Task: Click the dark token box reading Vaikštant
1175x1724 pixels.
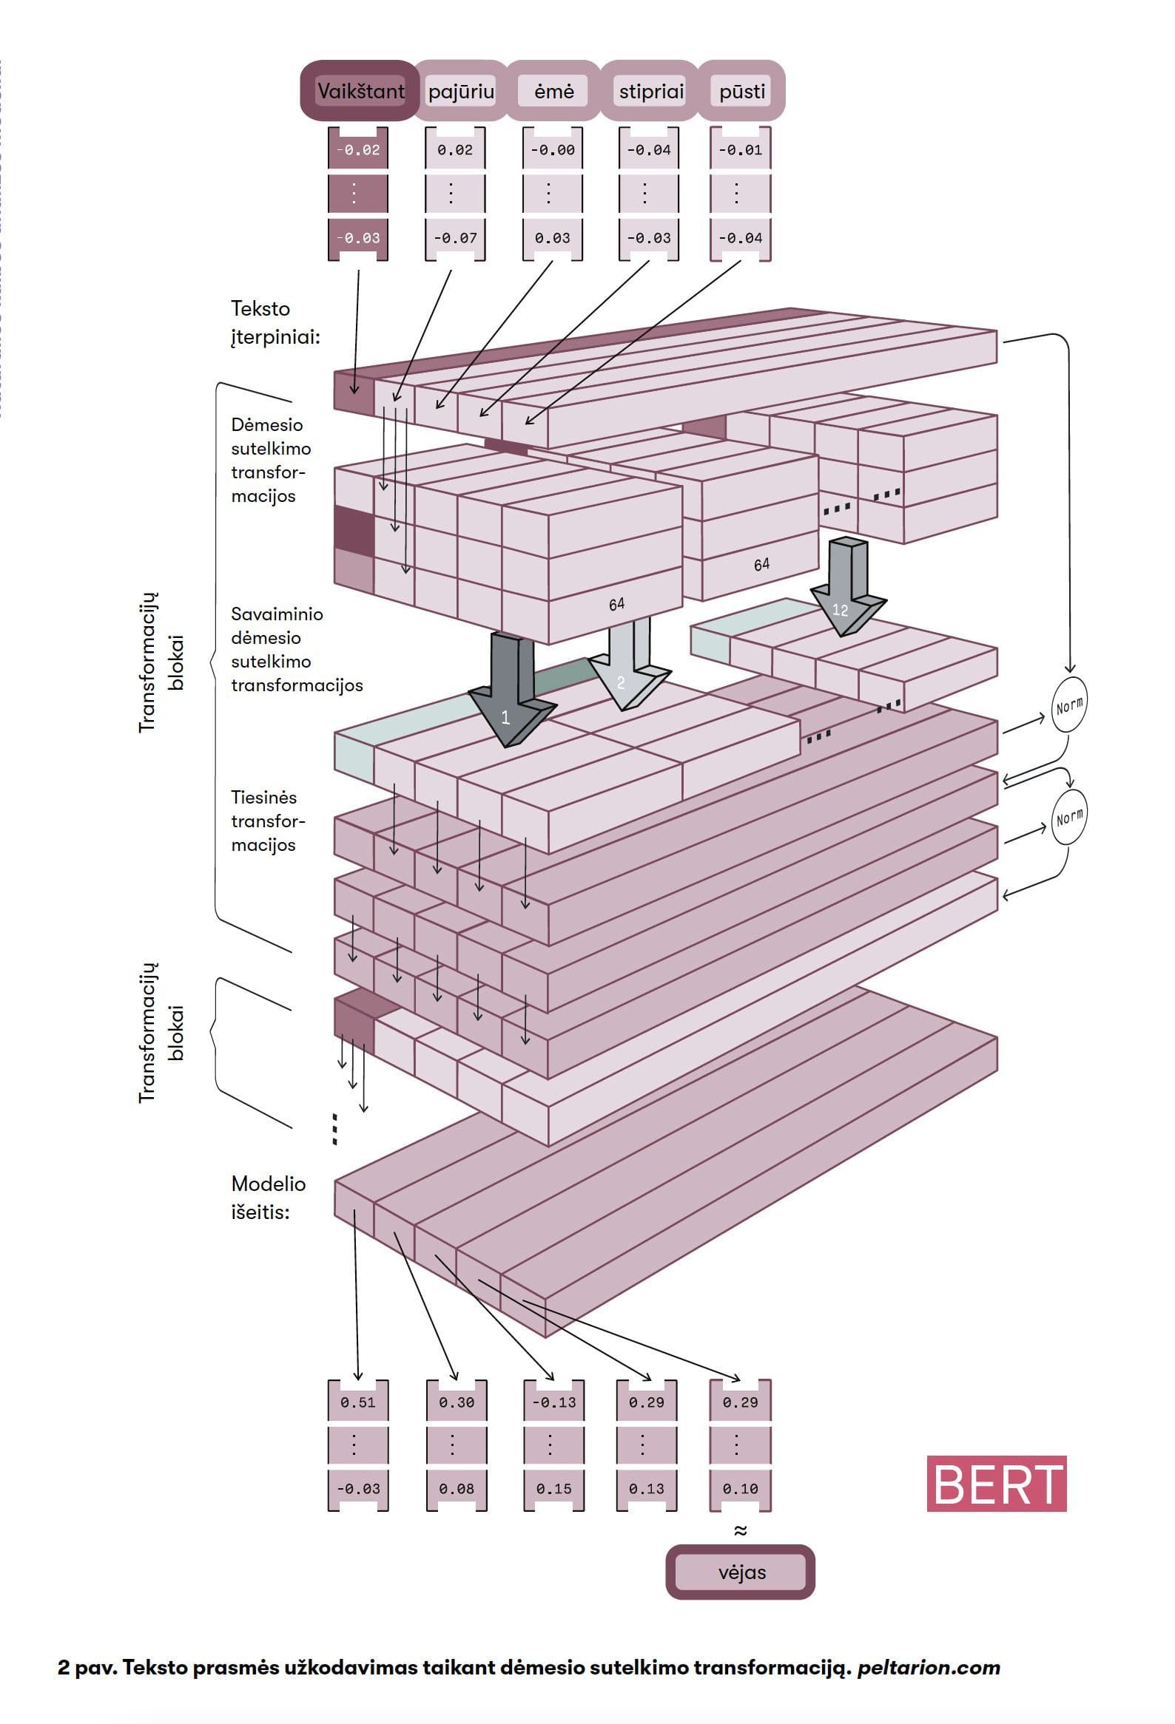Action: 360,91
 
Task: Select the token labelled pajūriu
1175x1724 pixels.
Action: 461,91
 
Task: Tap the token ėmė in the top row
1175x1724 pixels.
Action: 553,91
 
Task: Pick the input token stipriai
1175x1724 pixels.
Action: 651,91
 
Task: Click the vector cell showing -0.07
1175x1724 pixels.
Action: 455,238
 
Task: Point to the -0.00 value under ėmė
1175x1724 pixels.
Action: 552,150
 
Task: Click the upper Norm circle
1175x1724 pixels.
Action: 1069,705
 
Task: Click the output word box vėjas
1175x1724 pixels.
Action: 741,1572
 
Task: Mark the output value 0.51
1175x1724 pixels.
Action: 358,1403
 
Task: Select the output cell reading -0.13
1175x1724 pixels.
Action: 553,1403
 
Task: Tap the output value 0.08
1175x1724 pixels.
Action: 456,1489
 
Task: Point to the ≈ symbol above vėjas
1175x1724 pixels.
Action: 740,1530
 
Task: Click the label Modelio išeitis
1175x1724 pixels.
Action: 268,1198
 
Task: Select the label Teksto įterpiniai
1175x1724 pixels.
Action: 275,322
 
